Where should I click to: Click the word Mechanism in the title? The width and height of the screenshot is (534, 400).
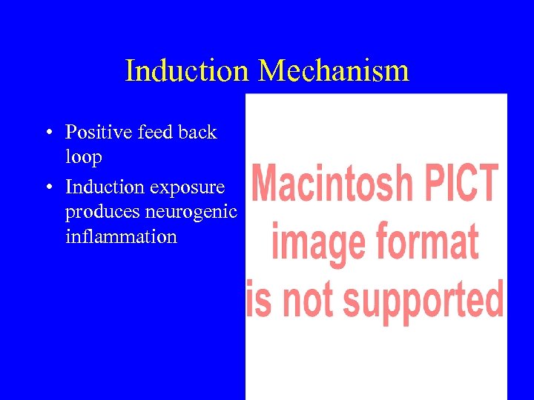tap(334, 71)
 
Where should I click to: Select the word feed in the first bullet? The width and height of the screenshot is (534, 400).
tap(155, 133)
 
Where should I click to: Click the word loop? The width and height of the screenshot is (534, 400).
tap(83, 158)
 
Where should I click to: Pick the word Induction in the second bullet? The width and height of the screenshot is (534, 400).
tap(104, 186)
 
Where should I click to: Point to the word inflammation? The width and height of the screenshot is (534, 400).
tap(121, 237)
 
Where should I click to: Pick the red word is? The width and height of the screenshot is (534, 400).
tap(259, 300)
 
